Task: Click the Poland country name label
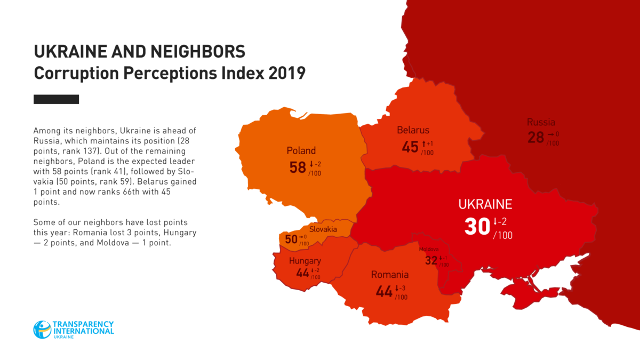pos(301,151)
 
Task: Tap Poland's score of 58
pos(298,167)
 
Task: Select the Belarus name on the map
pos(413,130)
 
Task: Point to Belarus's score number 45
pos(410,147)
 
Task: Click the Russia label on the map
pos(541,122)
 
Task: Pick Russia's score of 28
pos(536,138)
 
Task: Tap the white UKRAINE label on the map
pos(485,204)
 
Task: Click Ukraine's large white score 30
pos(477,227)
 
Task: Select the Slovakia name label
pos(323,229)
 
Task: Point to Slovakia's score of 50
pos(291,239)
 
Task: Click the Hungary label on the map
pos(305,261)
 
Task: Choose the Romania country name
pos(390,275)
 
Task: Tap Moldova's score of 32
pos(431,260)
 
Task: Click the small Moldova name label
pos(429,250)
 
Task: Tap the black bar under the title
pos(56,99)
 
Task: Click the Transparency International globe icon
pos(43,329)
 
